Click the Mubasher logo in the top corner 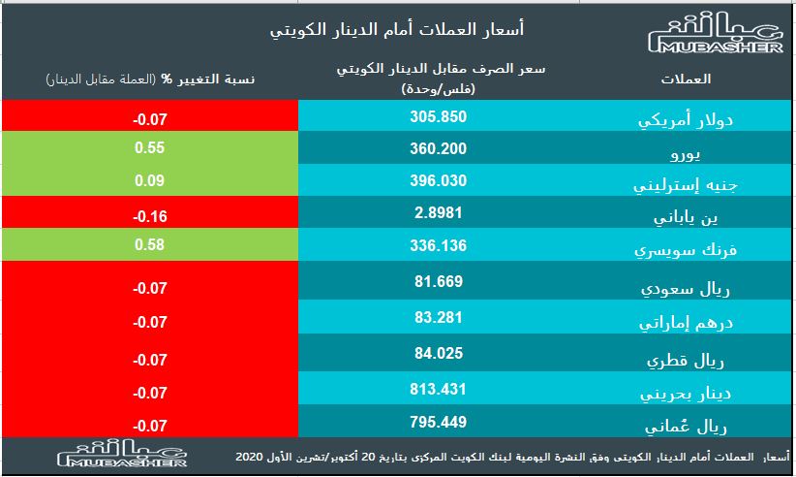pos(715,37)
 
